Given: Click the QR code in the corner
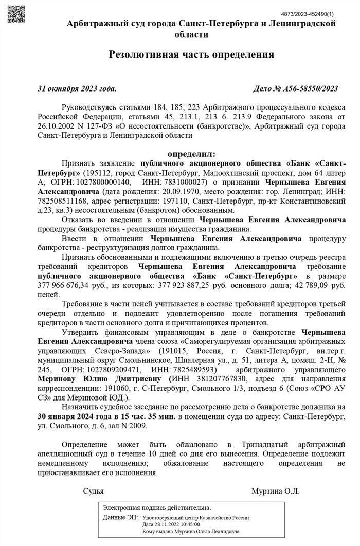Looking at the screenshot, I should (x=16, y=11).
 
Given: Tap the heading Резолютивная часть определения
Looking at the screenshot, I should (x=191, y=54).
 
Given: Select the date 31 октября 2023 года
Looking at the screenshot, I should (x=77, y=88).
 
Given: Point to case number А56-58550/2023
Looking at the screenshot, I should (x=296, y=88).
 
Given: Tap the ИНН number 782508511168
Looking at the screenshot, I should (x=61, y=201).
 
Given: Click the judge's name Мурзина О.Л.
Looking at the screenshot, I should (x=275, y=490).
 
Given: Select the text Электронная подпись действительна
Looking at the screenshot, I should (x=157, y=507).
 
